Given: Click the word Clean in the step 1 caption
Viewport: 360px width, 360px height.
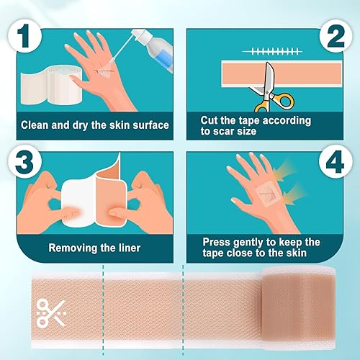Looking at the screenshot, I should point(37,125).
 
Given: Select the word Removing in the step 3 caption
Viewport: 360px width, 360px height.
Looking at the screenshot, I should point(73,248).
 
